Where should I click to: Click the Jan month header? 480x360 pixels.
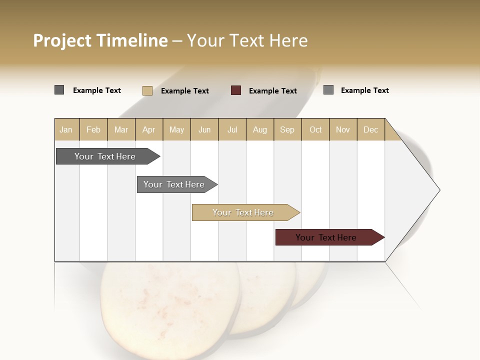[x=66, y=129]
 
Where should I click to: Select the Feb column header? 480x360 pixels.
[x=93, y=129]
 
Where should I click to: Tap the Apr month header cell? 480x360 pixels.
[x=149, y=129]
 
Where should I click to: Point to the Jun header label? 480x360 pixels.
[x=204, y=129]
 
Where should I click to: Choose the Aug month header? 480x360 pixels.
[x=260, y=129]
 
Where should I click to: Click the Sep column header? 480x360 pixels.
[x=287, y=129]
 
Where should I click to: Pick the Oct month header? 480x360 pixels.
[x=315, y=129]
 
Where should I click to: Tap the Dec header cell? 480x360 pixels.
[x=371, y=129]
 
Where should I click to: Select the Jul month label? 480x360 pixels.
[x=232, y=129]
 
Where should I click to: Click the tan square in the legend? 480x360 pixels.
[x=147, y=90]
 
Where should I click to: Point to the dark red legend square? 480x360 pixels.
[x=236, y=90]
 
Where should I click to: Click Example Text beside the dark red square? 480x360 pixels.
[x=273, y=90]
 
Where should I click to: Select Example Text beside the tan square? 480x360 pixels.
[x=185, y=90]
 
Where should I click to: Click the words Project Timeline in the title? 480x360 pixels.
[x=100, y=40]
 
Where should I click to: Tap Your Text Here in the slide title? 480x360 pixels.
[x=247, y=40]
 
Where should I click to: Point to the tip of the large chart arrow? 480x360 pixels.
[x=438, y=190]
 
